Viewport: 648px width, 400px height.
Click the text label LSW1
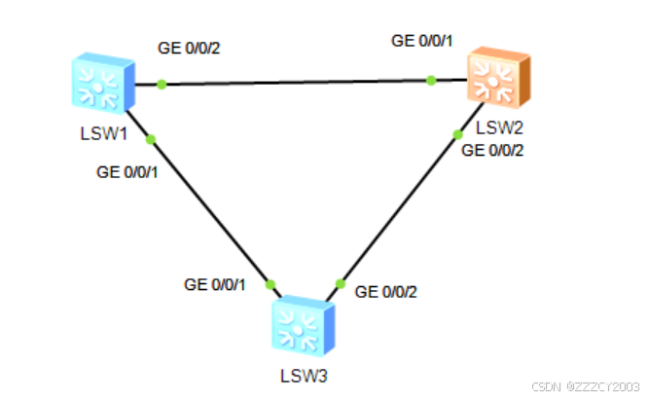coord(104,132)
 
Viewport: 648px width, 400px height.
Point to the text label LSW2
coord(500,127)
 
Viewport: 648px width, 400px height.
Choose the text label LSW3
coord(301,374)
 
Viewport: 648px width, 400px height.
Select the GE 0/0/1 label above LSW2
coord(422,41)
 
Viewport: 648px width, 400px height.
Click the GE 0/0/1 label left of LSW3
coord(216,284)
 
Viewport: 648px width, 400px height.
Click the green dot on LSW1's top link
coord(162,85)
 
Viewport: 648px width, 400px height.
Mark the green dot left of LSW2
coord(431,82)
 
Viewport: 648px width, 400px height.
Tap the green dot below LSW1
coord(150,139)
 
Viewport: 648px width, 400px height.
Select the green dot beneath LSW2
coord(456,135)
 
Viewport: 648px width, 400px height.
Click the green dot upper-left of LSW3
coord(270,284)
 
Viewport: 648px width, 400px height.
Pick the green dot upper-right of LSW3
coord(340,284)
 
